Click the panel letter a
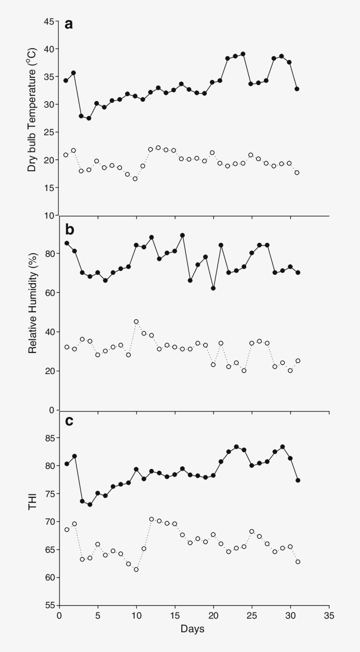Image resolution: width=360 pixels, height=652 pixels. [x=68, y=24]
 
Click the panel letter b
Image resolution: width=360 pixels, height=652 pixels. [x=69, y=230]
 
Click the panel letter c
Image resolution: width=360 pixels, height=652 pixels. [x=69, y=421]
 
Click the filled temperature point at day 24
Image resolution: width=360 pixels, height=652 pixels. [x=243, y=54]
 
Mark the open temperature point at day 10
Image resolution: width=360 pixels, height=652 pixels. [x=135, y=179]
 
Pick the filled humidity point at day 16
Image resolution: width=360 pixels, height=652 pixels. [x=183, y=235]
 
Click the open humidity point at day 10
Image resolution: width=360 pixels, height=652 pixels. [x=136, y=321]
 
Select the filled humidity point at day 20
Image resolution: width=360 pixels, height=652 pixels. [x=213, y=288]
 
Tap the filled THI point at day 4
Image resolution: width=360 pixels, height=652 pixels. [x=90, y=504]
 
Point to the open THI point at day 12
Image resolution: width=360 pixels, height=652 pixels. [x=151, y=519]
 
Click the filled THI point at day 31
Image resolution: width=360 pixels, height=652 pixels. [x=298, y=480]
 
